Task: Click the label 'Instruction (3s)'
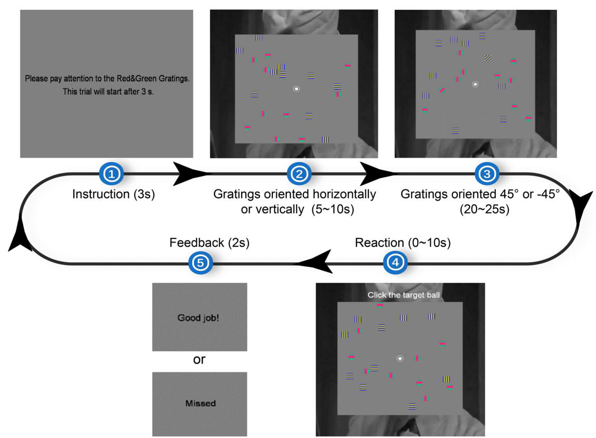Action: [x=114, y=194]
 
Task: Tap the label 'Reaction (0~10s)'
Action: [x=402, y=243]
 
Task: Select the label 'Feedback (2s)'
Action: [x=209, y=243]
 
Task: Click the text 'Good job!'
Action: [x=198, y=317]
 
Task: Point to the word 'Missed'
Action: [x=200, y=403]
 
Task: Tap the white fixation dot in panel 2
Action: [x=296, y=89]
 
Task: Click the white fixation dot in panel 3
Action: [x=474, y=84]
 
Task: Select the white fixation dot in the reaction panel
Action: [x=400, y=358]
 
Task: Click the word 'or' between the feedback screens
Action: [x=200, y=360]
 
